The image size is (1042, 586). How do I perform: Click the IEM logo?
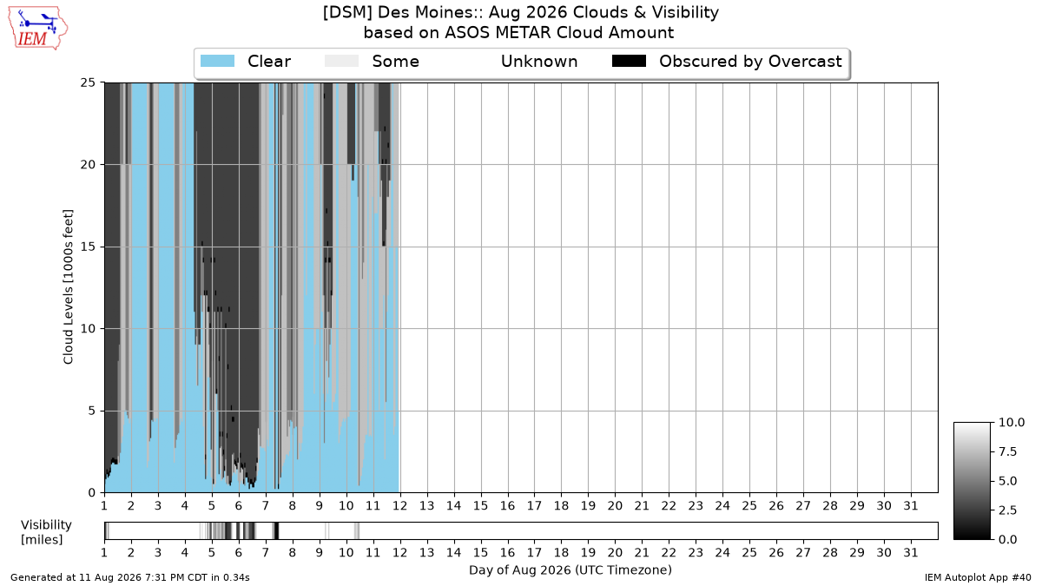click(37, 29)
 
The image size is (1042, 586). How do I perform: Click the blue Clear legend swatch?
click(217, 61)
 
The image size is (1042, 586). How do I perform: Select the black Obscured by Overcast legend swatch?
click(629, 61)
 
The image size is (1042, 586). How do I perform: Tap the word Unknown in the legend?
click(539, 62)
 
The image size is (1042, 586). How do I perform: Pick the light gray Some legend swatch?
click(341, 61)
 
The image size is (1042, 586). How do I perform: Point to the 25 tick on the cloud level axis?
click(88, 82)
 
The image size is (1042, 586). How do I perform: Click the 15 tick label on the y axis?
click(88, 247)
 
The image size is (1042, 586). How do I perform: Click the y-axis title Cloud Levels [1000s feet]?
click(69, 287)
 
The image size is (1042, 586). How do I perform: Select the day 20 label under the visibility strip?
click(615, 552)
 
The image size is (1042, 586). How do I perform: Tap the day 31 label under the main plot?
click(911, 506)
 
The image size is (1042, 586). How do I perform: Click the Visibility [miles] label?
click(46, 532)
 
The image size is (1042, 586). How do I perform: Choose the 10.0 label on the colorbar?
click(1012, 422)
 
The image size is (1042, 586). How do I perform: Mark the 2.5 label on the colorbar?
click(1007, 510)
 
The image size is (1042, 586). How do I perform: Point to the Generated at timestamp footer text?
click(129, 577)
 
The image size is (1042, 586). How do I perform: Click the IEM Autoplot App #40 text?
click(978, 577)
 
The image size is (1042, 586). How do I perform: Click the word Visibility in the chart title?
click(685, 12)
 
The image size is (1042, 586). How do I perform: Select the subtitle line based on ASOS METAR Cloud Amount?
click(518, 33)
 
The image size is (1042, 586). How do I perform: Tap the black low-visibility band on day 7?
click(276, 530)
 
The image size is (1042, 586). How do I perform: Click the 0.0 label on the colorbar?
click(1007, 539)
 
